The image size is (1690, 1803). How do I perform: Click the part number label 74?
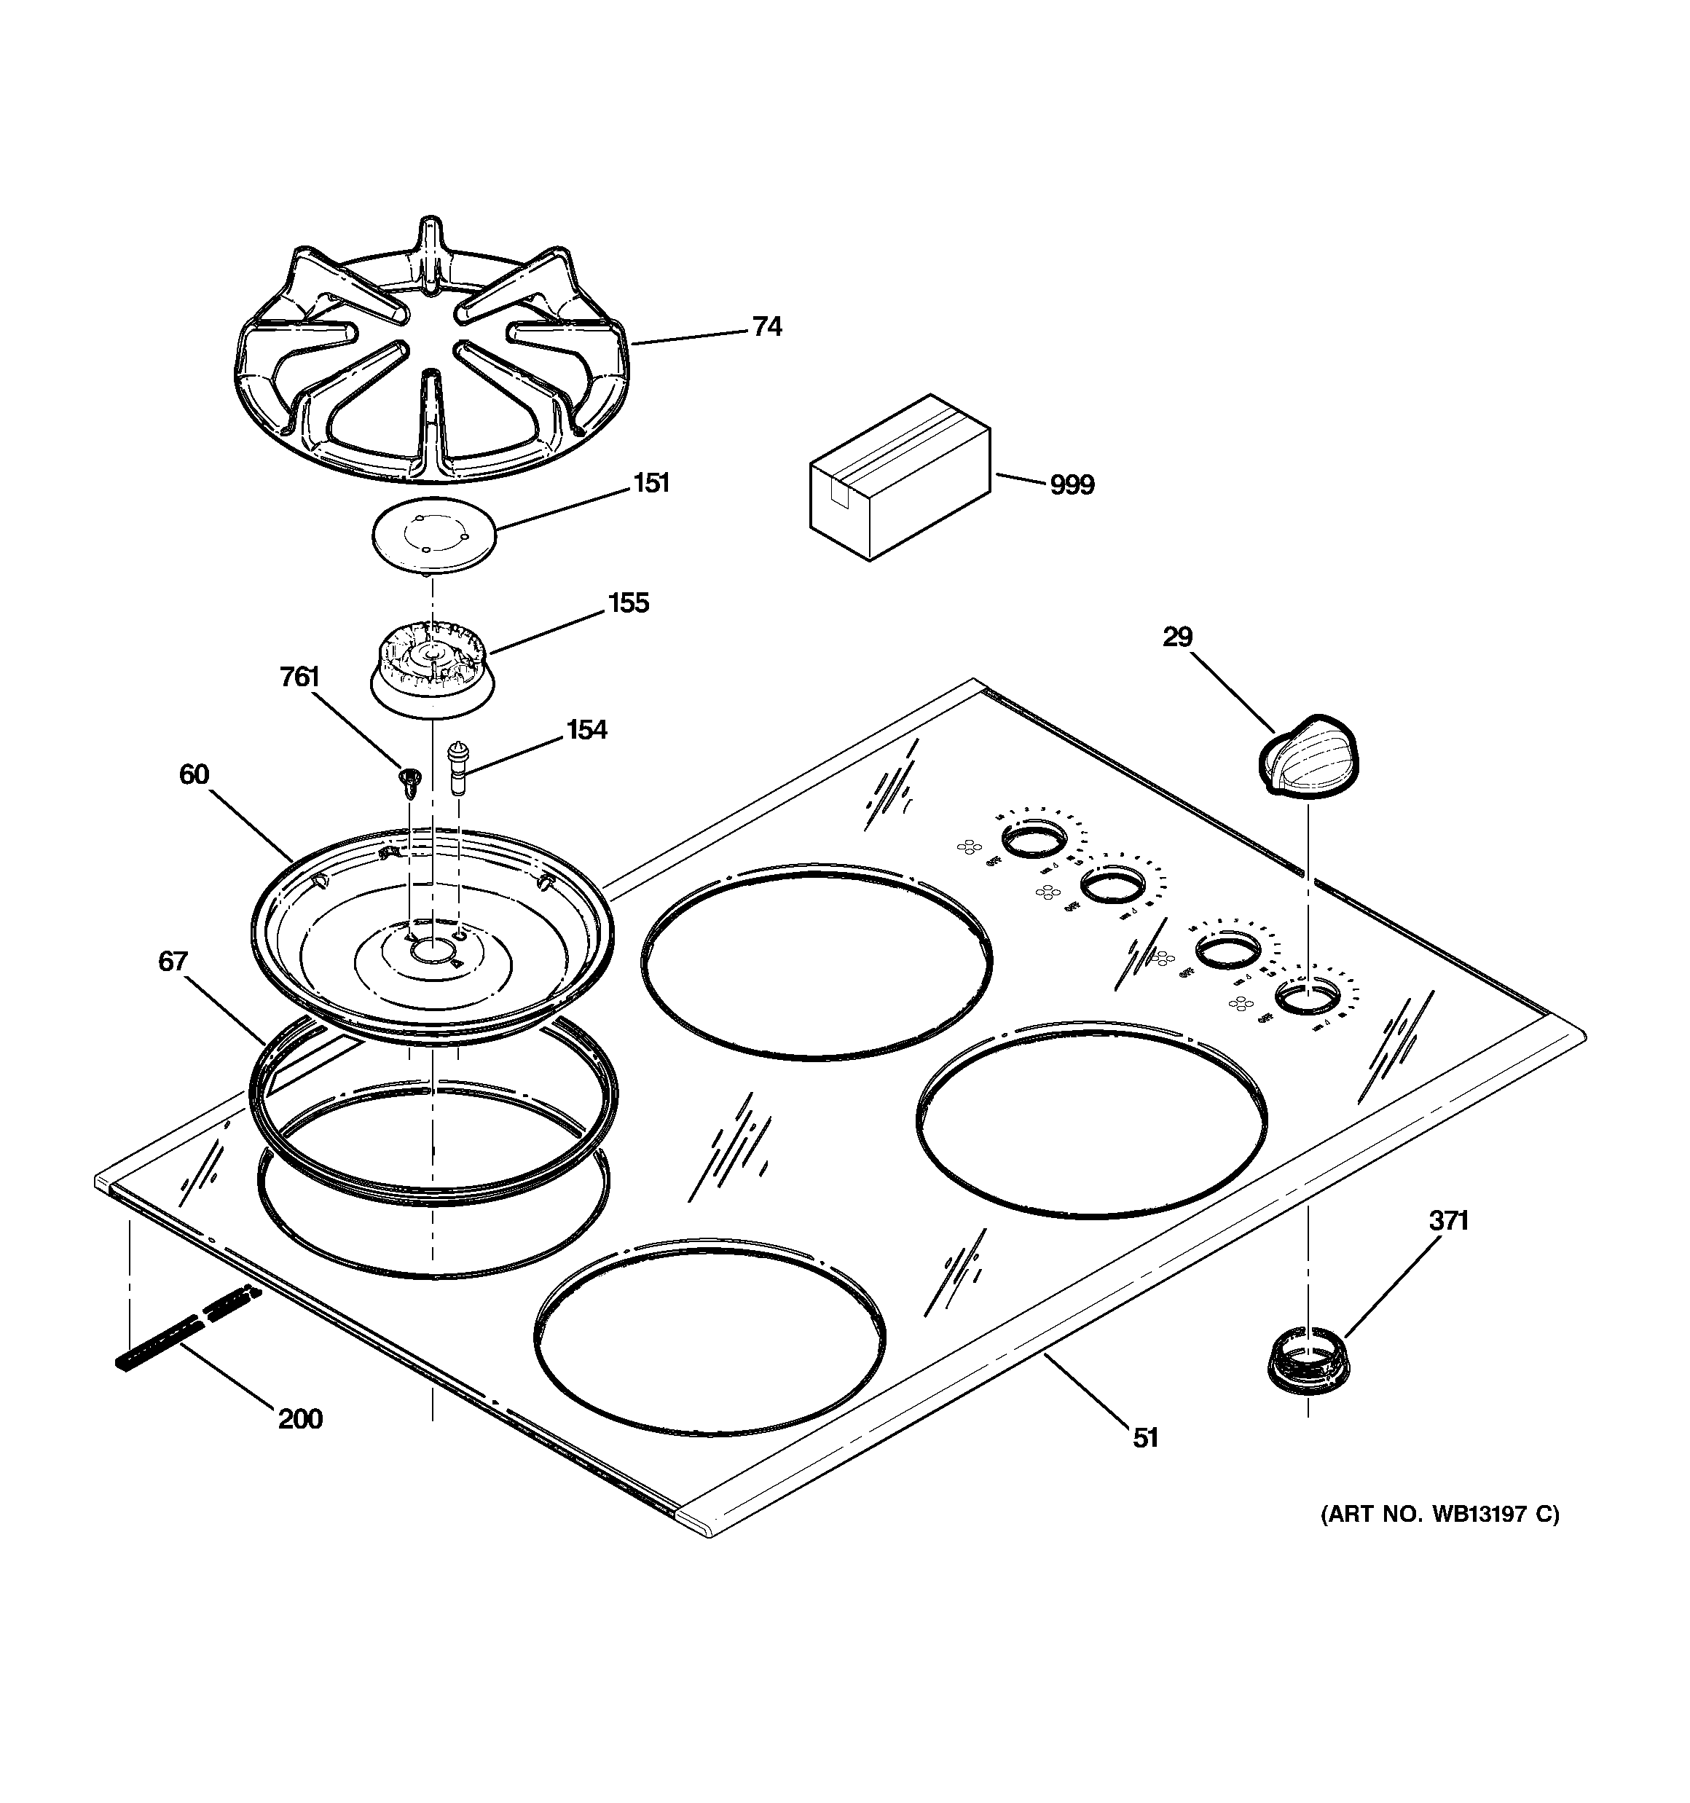tap(766, 327)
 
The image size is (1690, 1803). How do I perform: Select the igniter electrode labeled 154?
tap(459, 767)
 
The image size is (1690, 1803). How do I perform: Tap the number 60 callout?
tap(194, 774)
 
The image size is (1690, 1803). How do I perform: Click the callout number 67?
tap(173, 962)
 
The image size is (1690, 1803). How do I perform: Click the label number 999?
tap(1072, 486)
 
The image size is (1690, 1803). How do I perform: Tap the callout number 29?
tap(1176, 637)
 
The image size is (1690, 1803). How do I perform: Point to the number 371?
tap(1448, 1222)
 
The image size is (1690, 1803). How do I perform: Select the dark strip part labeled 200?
tap(186, 1329)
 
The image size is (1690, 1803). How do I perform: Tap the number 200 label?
tap(300, 1418)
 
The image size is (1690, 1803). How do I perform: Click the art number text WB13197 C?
tap(1439, 1515)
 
